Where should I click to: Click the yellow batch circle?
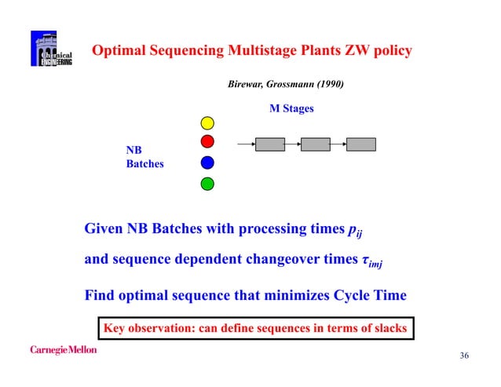[207, 123]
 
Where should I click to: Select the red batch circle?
[207, 142]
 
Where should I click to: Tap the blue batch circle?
[207, 162]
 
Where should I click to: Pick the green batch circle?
[207, 184]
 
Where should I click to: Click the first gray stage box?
[269, 144]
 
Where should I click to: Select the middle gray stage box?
[315, 144]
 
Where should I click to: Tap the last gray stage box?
[361, 144]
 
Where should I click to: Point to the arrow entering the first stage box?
[246, 144]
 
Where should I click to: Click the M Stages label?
[291, 109]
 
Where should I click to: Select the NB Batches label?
[144, 157]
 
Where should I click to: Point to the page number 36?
[463, 356]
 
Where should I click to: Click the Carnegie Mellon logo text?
[64, 349]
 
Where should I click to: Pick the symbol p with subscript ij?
[355, 231]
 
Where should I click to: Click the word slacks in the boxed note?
[388, 328]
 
